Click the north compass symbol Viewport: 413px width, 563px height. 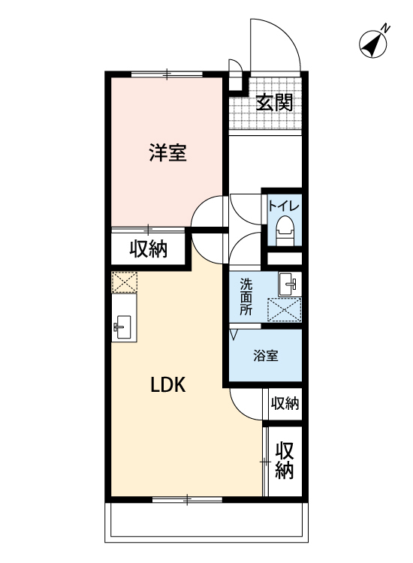373,44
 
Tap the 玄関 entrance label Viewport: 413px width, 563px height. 275,102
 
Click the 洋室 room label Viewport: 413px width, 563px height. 167,152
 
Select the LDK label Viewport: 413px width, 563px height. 167,385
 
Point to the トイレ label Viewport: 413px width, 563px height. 284,206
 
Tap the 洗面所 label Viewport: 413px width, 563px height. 246,297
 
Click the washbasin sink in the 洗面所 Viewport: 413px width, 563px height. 290,284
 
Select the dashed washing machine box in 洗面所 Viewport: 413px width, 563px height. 284,309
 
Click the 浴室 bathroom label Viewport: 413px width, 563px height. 265,356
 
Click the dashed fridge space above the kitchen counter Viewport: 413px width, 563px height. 124,281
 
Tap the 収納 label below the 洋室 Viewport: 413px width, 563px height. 149,248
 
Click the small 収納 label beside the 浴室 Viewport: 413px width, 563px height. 285,404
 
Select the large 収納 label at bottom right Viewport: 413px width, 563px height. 285,461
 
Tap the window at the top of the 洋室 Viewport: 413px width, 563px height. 167,74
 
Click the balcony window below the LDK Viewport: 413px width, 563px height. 187,499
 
